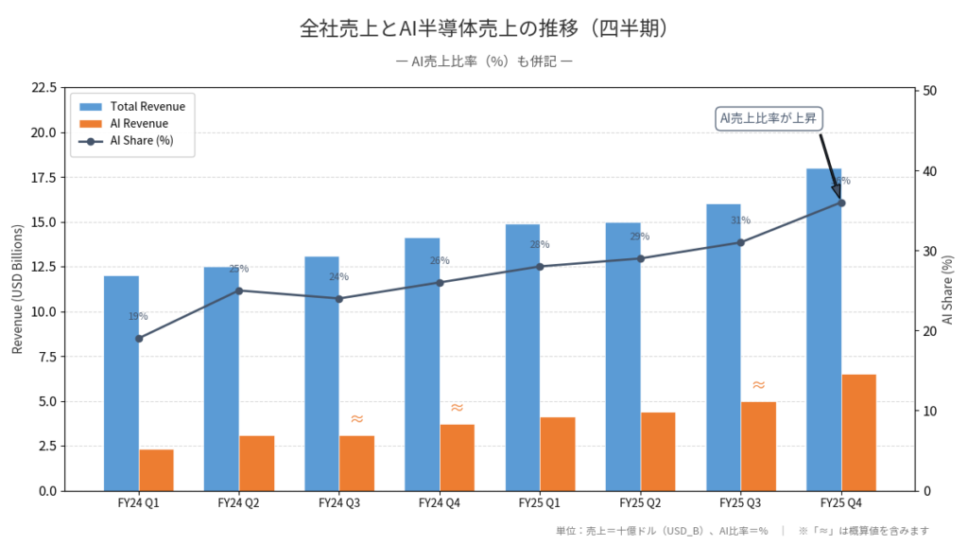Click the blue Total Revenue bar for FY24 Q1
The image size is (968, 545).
121,383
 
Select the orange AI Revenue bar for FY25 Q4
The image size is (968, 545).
858,432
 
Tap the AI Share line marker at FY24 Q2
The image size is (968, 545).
239,290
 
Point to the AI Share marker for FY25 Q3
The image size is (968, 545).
740,242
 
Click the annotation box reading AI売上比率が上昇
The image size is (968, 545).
768,118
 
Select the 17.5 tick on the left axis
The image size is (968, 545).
43,177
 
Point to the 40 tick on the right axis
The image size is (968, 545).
929,171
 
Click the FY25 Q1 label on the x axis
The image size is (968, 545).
540,503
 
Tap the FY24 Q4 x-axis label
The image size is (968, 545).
440,503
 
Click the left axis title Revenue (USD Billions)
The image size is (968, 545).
18,290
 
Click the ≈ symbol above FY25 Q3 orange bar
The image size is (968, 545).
758,385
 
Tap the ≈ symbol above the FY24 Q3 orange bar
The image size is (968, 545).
356,419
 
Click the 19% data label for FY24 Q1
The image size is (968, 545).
138,316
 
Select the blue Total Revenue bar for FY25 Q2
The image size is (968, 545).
623,357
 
